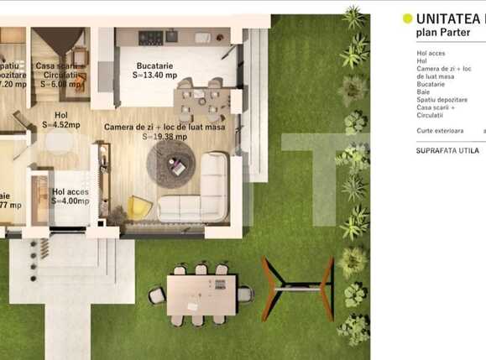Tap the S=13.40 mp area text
[x=154, y=75]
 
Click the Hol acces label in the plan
[x=70, y=192]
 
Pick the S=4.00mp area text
[x=70, y=201]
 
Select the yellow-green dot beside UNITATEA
[x=408, y=18]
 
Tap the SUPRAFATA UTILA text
[x=447, y=151]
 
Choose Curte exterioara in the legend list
[x=440, y=131]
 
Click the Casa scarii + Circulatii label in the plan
[x=58, y=70]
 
